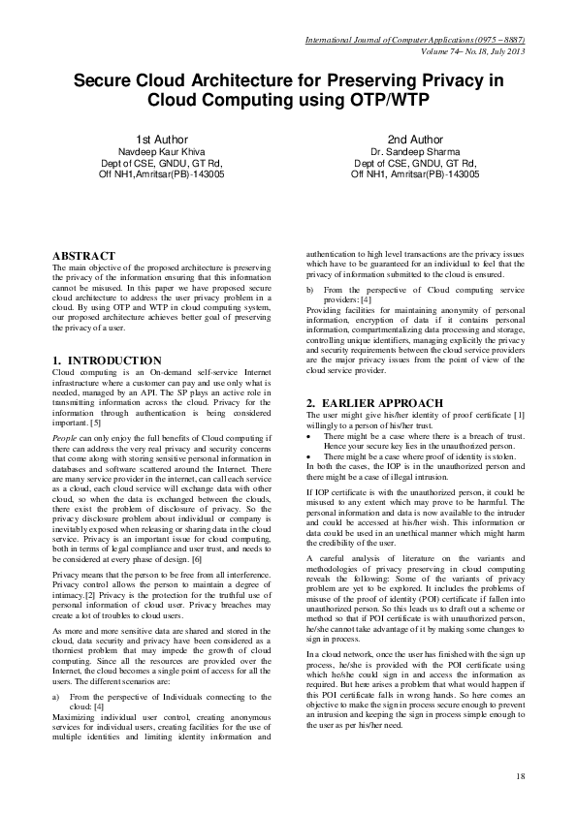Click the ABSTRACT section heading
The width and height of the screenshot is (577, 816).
(x=83, y=256)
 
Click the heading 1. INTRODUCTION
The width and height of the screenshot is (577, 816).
(x=107, y=361)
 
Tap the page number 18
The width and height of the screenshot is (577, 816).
(x=520, y=776)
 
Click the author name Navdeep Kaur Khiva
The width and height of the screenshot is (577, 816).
(x=161, y=152)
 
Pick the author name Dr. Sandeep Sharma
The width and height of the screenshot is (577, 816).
(x=415, y=152)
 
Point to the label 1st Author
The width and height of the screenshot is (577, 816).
(x=161, y=140)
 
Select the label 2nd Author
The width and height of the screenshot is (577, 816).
(x=415, y=140)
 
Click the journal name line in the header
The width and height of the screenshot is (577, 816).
(x=415, y=39)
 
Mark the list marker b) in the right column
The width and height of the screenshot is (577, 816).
(x=310, y=290)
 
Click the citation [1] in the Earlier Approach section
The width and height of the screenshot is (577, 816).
(x=519, y=416)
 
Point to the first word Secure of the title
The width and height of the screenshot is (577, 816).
(x=109, y=80)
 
